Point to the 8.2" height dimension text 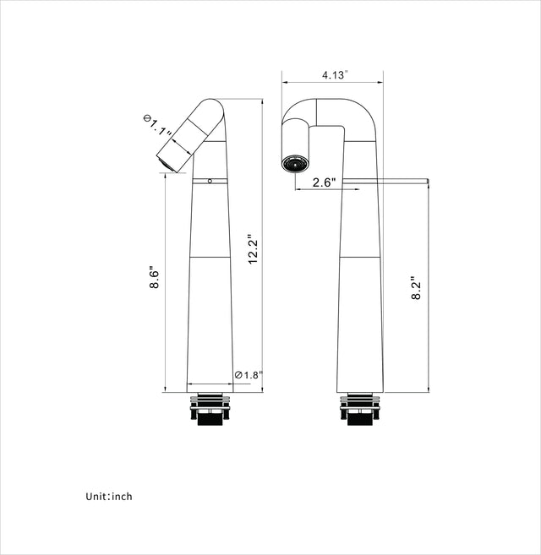416,288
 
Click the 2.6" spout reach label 324,182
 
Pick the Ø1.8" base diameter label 249,374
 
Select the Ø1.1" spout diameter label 158,128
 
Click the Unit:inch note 108,497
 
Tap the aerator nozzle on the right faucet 295,161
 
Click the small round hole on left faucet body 210,181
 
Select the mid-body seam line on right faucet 360,256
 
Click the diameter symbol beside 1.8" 238,374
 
